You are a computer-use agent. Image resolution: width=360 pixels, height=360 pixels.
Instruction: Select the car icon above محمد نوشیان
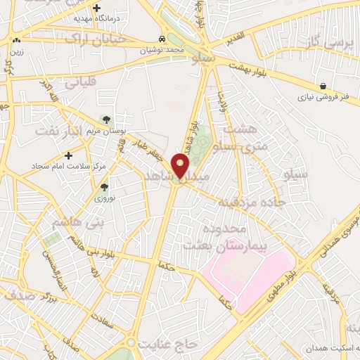pos(162,39)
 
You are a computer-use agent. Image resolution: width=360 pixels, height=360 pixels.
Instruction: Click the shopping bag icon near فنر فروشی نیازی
pos(322,86)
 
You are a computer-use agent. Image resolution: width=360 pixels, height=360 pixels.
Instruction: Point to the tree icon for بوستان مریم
pos(106,120)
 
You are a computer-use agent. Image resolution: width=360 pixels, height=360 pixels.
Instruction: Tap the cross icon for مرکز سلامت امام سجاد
pos(68,155)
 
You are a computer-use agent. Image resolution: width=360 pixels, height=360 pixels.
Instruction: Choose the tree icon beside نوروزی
pos(104,187)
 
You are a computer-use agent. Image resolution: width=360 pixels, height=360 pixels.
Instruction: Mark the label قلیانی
pos(84,82)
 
